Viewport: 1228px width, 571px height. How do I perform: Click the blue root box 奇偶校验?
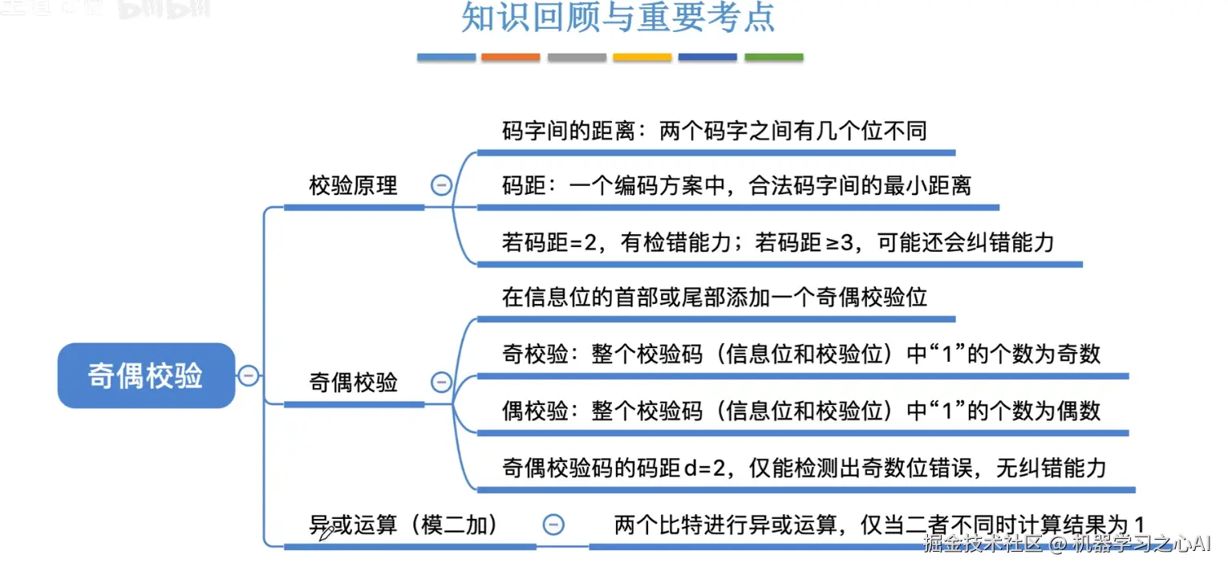pos(146,375)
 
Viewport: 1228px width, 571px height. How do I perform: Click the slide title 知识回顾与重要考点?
pos(618,18)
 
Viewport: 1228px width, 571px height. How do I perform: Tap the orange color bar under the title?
pos(510,58)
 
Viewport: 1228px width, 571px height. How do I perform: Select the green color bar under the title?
pos(773,58)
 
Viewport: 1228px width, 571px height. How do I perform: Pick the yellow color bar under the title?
pos(642,58)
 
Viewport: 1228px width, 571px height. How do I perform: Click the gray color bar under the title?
pos(577,58)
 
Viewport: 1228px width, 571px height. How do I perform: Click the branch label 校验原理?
pos(353,185)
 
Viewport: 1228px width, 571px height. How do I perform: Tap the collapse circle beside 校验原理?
pos(441,185)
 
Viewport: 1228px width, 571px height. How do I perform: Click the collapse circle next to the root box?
pos(249,375)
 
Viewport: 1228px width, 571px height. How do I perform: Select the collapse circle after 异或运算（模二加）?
pos(553,524)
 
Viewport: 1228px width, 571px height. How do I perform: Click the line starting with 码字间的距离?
pos(714,131)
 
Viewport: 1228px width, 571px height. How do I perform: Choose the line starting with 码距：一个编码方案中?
pos(736,185)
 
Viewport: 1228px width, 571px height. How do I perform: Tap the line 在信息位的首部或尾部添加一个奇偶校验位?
pos(714,298)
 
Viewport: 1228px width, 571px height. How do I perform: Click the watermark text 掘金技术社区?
pos(983,545)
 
